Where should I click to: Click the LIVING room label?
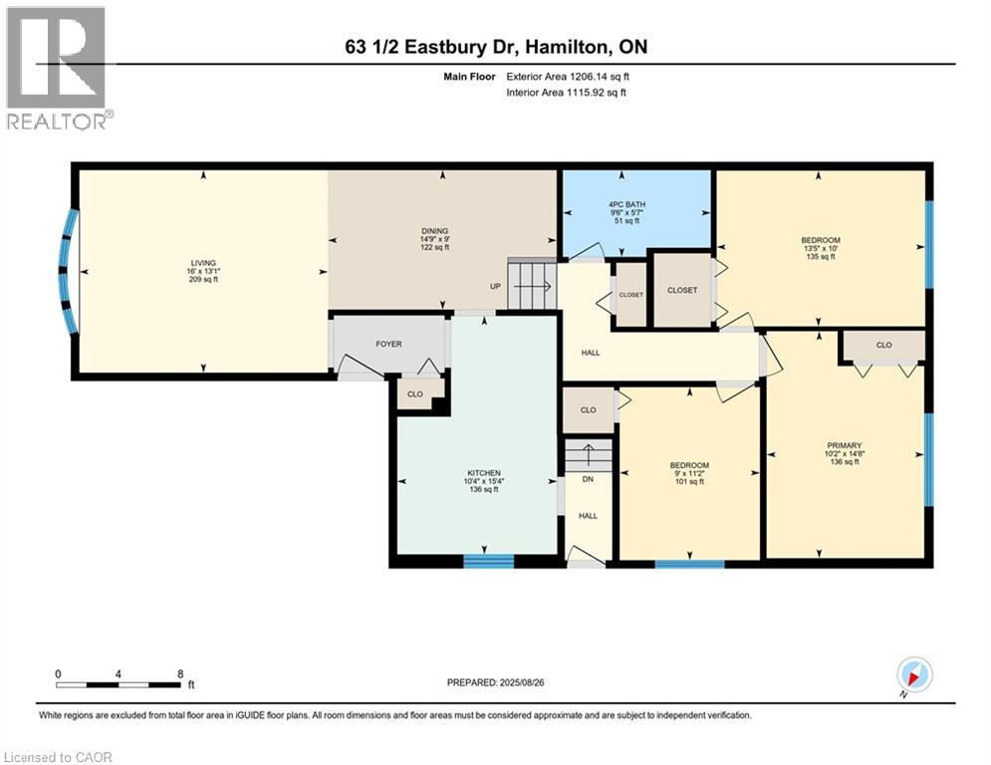pos(203,263)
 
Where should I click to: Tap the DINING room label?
pos(435,231)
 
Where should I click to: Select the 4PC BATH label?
pos(626,205)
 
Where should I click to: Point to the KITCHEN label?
pos(484,473)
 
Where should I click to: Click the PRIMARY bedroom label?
pos(844,445)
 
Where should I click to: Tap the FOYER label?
pos(388,344)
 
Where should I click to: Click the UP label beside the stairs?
pos(496,287)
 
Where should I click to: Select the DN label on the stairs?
pos(588,479)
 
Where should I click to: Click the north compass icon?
pos(914,674)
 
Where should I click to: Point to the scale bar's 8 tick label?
pos(180,674)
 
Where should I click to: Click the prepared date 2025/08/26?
pos(522,682)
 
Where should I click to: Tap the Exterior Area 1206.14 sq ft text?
pos(568,77)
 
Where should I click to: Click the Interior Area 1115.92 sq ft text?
pos(567,93)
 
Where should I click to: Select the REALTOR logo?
pos(57,68)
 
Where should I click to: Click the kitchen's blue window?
pos(489,561)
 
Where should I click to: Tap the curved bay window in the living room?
pos(68,271)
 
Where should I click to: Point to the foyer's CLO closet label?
pos(415,394)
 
